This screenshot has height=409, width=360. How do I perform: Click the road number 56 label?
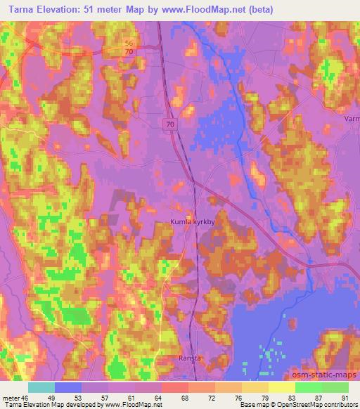click(x=129, y=44)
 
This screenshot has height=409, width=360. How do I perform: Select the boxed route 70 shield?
click(x=172, y=123)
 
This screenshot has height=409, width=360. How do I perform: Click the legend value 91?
click(x=345, y=397)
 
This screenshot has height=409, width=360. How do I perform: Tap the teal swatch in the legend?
click(x=41, y=387)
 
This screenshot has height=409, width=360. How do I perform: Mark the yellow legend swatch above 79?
click(x=255, y=387)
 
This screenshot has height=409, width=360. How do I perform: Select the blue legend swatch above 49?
click(x=68, y=387)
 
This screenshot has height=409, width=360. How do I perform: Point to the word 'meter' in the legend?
click(x=12, y=397)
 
